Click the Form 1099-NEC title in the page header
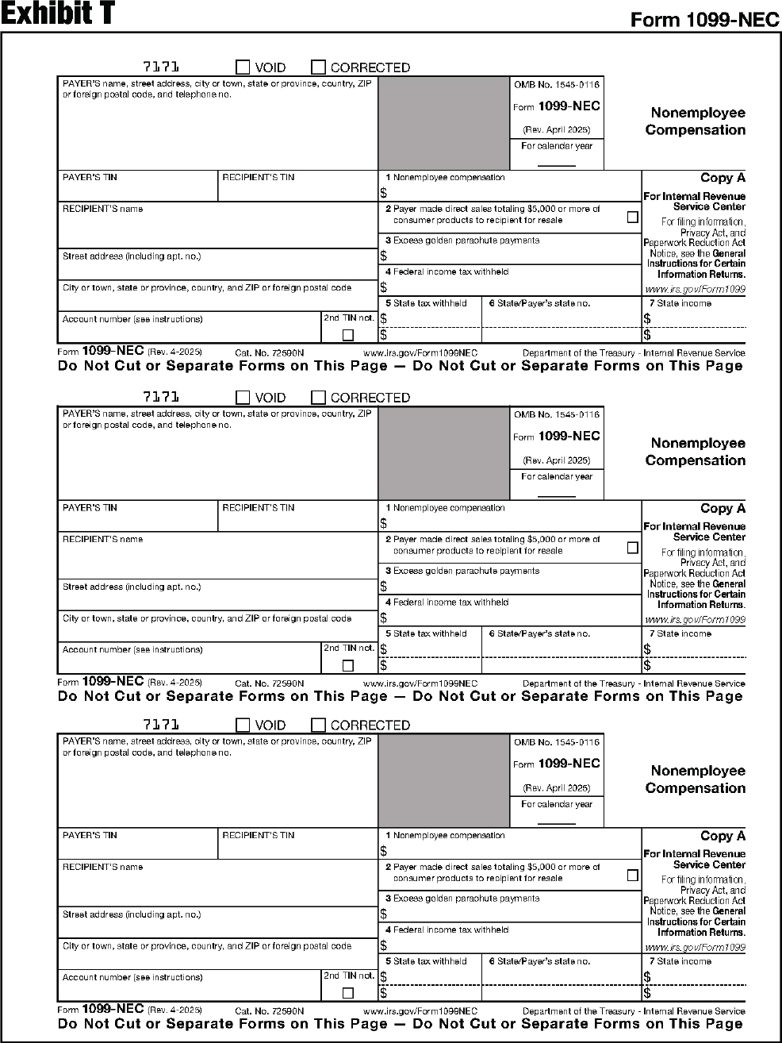click(x=704, y=20)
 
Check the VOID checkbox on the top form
click(x=243, y=67)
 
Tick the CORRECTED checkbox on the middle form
click(x=318, y=398)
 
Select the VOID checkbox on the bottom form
click(x=243, y=725)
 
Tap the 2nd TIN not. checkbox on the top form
click(x=347, y=335)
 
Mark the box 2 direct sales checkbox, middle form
click(x=632, y=547)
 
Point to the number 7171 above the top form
click(x=160, y=67)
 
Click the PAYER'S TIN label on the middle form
click(x=90, y=507)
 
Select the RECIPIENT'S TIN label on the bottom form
click(x=258, y=835)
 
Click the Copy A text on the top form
click(x=723, y=178)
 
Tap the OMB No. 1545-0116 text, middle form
click(x=557, y=414)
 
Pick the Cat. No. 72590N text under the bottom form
click(x=270, y=1011)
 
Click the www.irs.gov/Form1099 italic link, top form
click(x=695, y=290)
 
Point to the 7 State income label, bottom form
click(x=680, y=961)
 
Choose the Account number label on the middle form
click(x=132, y=649)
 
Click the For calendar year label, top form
click(x=557, y=146)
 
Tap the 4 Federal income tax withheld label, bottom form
click(x=447, y=929)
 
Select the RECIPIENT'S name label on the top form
click(x=103, y=209)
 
